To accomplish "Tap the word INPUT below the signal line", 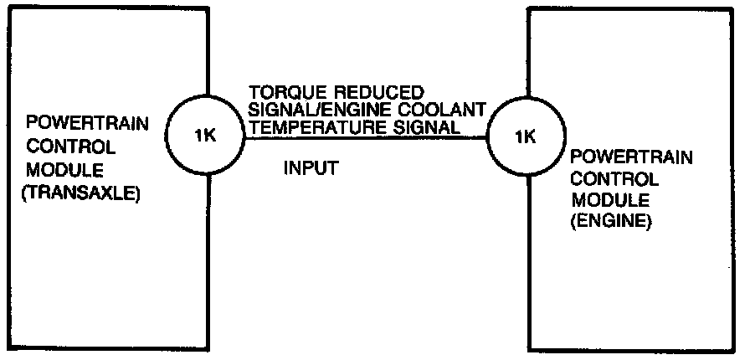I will (x=311, y=168).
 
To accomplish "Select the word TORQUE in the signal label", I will (x=280, y=90).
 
